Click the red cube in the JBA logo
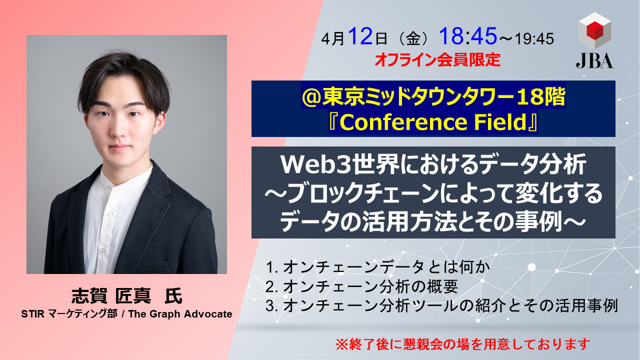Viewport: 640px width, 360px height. click(595, 30)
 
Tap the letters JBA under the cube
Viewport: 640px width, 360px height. click(594, 61)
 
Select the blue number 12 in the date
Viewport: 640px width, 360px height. click(360, 36)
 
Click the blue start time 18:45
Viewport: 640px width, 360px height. click(468, 36)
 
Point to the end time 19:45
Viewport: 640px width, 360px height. click(534, 39)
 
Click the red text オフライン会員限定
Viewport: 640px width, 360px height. click(437, 59)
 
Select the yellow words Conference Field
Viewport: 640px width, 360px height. click(433, 122)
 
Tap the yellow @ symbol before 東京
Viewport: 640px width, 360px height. click(311, 97)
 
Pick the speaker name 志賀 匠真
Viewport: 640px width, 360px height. click(111, 295)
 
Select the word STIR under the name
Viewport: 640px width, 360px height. click(33, 314)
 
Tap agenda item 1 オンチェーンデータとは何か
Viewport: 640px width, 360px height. click(377, 267)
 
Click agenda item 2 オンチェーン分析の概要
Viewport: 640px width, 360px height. click(361, 286)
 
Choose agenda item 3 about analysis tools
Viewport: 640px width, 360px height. click(442, 305)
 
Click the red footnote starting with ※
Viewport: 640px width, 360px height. click(463, 344)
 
